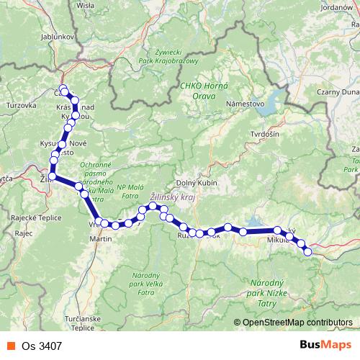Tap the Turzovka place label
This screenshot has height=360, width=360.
(21, 105)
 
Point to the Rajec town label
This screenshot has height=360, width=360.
(24, 234)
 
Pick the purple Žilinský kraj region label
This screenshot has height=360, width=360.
(171, 195)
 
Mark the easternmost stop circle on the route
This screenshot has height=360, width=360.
(308, 251)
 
